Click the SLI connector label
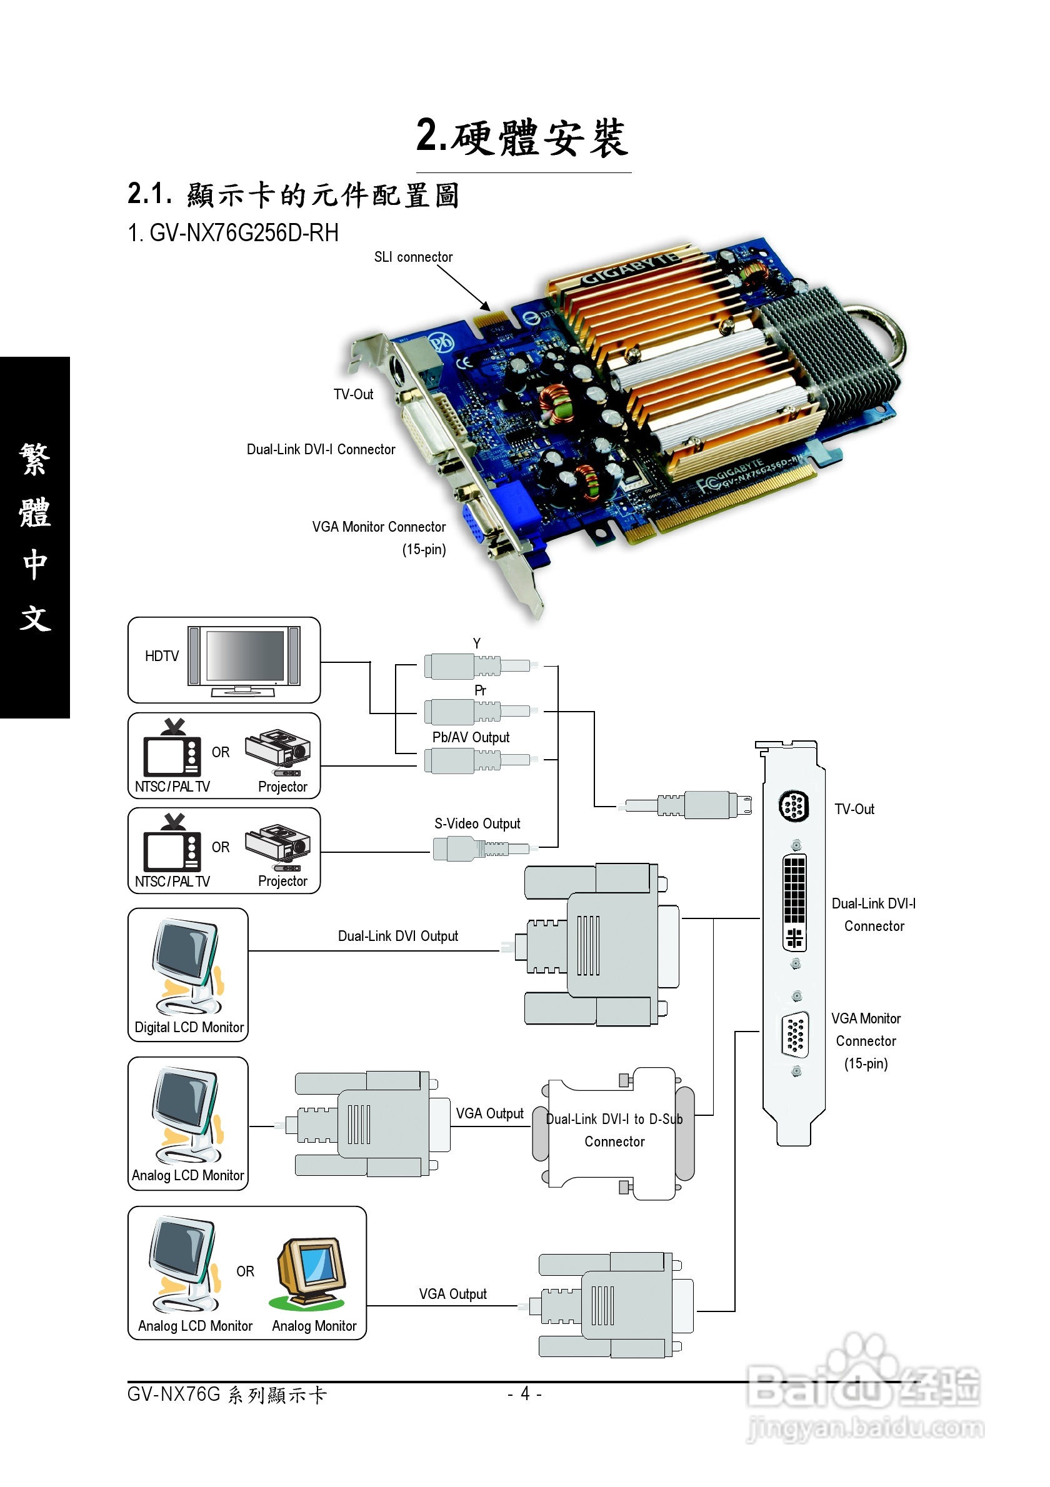(x=413, y=257)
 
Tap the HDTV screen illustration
(x=244, y=655)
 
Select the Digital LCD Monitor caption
(x=189, y=1027)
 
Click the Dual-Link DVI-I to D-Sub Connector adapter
(x=614, y=1133)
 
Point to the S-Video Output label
(x=477, y=824)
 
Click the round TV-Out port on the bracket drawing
(x=793, y=807)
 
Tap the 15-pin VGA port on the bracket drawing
(x=795, y=1034)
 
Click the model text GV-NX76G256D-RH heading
(x=233, y=233)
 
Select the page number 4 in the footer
(x=524, y=1393)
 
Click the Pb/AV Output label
(x=471, y=738)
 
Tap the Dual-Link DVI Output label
(x=397, y=936)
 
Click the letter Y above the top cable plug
(x=477, y=643)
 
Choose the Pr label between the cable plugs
(x=480, y=690)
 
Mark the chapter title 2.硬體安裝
(x=522, y=138)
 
